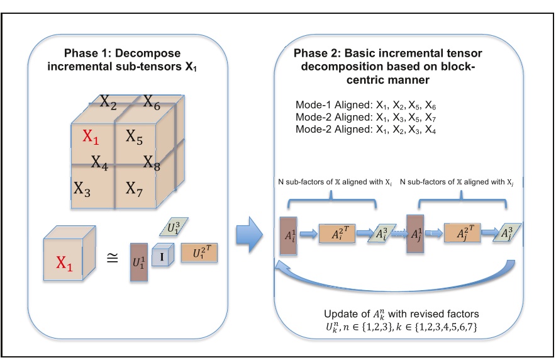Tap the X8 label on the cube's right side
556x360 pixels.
tap(152, 162)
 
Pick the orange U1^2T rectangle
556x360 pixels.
tap(199, 254)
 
